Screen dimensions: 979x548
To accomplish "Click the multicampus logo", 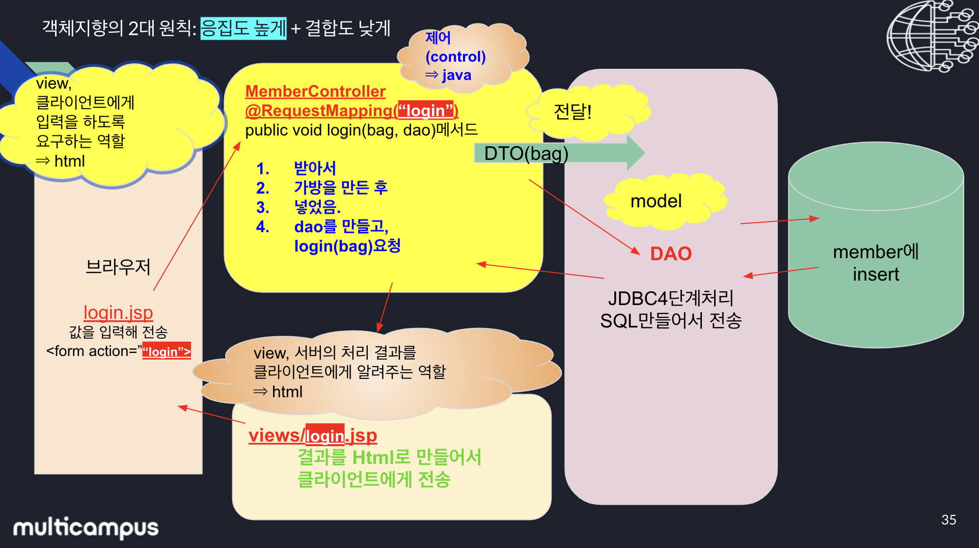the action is pos(86,528).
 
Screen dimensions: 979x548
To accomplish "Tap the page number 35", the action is pos(948,519).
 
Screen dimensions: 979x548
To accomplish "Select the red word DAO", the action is pos(671,254).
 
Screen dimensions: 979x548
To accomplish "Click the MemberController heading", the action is pos(315,91).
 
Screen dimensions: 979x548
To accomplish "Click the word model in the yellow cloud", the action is pos(656,201).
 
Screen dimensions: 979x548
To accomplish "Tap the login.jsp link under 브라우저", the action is pos(118,312).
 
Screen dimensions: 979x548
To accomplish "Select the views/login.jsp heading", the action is pos(313,435).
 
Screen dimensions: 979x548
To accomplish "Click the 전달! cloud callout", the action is pos(573,112).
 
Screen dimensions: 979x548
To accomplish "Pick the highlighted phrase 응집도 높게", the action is pos(243,28).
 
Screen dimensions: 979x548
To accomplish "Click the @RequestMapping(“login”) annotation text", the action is pos(351,111).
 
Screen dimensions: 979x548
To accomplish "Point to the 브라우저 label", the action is pos(118,266).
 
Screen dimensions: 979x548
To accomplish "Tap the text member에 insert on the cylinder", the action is pos(876,263).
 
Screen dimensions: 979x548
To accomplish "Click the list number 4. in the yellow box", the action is pos(263,227).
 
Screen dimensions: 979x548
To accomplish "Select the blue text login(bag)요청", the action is pos(347,246).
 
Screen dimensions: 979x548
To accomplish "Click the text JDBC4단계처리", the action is pos(671,298).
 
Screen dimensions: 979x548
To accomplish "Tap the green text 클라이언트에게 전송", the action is pos(374,479).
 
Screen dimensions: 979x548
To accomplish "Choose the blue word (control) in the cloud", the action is pos(455,57).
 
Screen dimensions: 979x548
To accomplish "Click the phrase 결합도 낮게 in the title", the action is pos(348,28).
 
